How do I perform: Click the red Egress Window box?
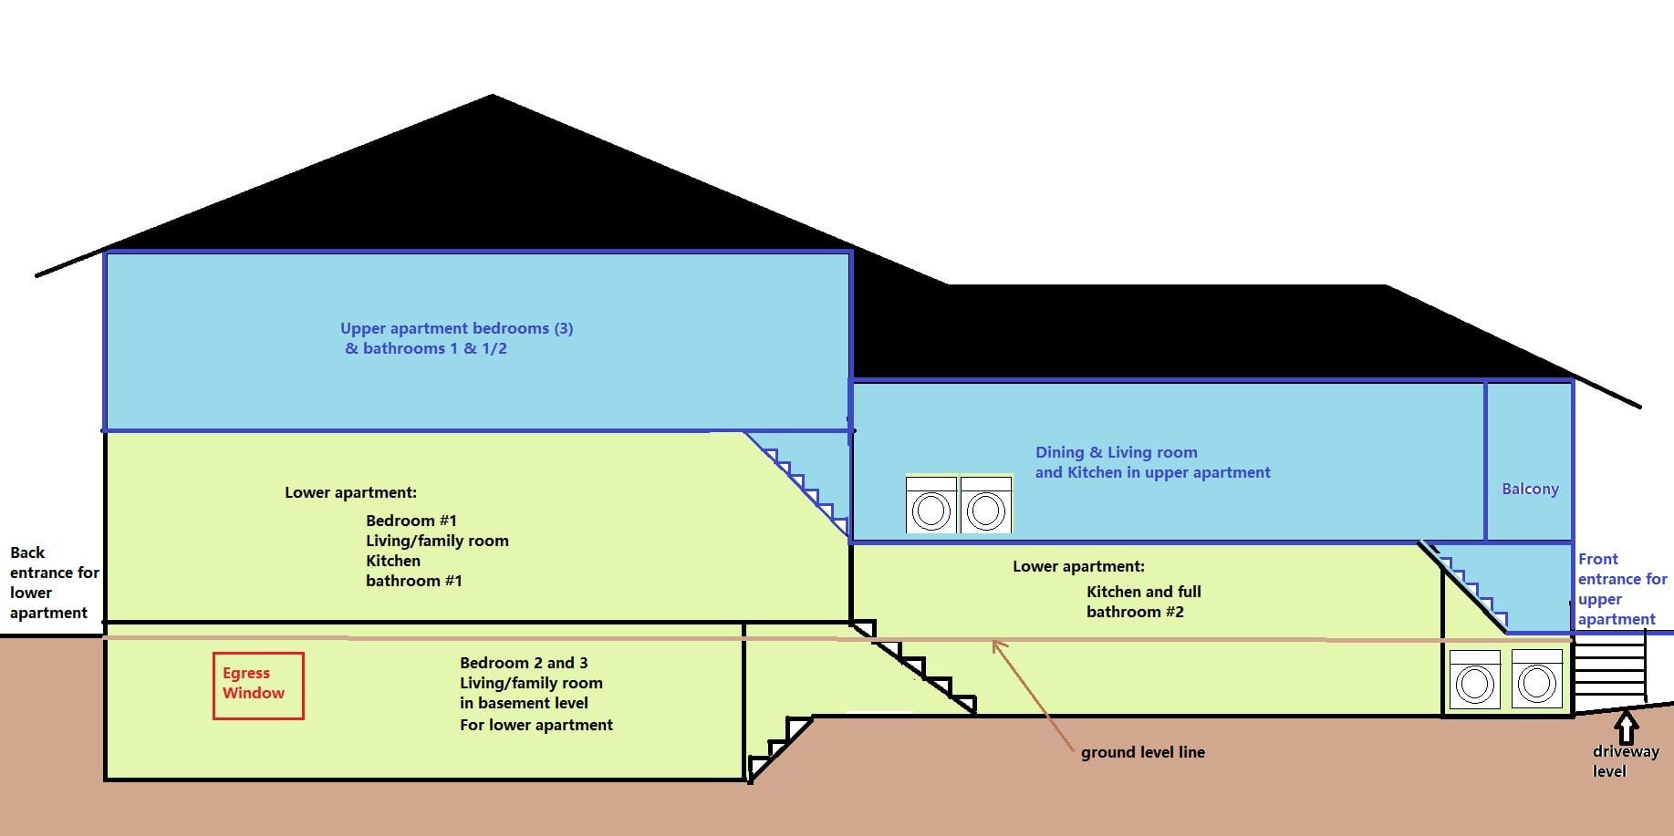pyautogui.click(x=258, y=686)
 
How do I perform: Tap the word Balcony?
pyautogui.click(x=1530, y=489)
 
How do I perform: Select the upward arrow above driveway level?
pyautogui.click(x=1626, y=728)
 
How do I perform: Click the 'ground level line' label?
pyautogui.click(x=1142, y=752)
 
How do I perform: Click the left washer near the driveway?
pyautogui.click(x=1474, y=679)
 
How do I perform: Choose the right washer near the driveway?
pyautogui.click(x=1536, y=679)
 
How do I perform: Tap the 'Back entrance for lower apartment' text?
pyautogui.click(x=54, y=583)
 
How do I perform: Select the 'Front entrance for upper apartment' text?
pyautogui.click(x=1621, y=589)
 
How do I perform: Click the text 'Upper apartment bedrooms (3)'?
pyautogui.click(x=456, y=328)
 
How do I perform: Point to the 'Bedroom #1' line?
pyautogui.click(x=411, y=521)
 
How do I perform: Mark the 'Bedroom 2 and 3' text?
pyautogui.click(x=524, y=663)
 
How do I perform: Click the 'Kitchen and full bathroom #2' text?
pyautogui.click(x=1143, y=602)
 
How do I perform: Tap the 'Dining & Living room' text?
pyautogui.click(x=1116, y=452)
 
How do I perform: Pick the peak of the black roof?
pyautogui.click(x=493, y=97)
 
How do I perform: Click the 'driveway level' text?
pyautogui.click(x=1625, y=761)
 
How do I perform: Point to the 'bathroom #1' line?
pyautogui.click(x=413, y=581)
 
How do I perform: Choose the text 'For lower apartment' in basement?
pyautogui.click(x=535, y=725)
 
